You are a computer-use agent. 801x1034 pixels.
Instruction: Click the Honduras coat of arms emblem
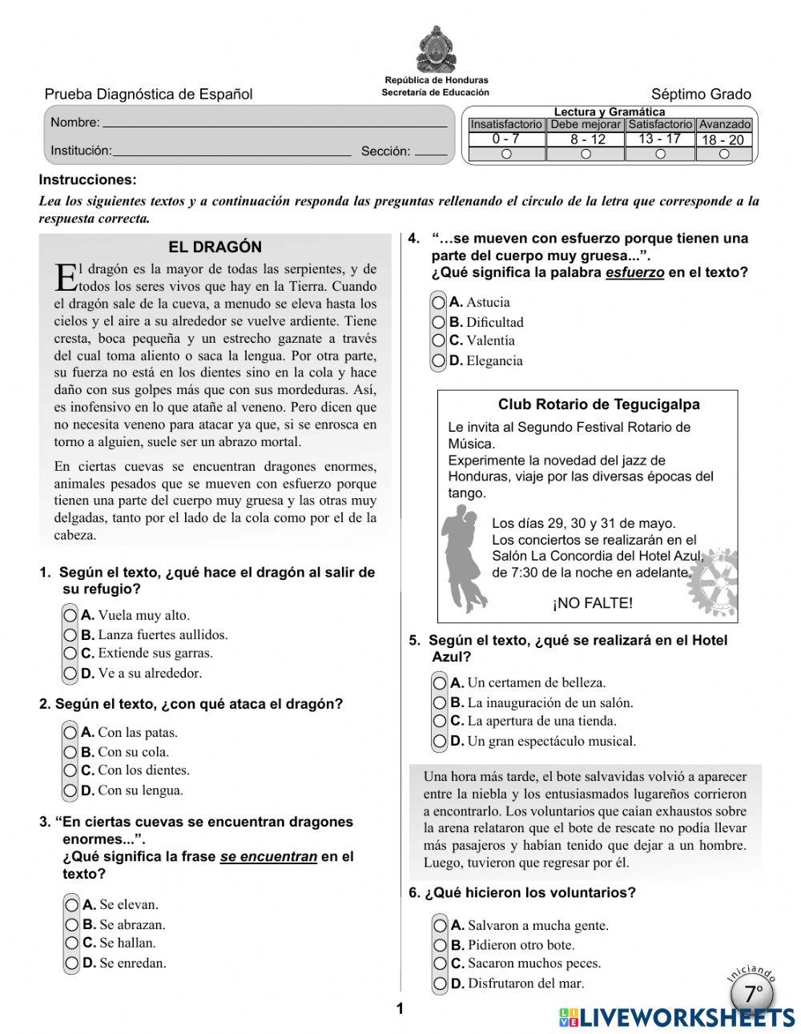436,49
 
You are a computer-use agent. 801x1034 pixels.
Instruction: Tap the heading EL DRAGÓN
215,247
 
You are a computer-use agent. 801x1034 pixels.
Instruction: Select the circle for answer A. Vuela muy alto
70,616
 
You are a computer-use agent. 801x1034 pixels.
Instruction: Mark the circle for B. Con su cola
70,752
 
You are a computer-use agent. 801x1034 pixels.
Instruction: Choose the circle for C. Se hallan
72,943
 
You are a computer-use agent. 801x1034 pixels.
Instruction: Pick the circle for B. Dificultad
438,322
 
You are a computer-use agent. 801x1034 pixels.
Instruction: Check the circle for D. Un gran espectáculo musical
440,741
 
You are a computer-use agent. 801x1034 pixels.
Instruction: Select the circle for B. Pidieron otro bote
440,945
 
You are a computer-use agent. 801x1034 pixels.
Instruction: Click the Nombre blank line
275,124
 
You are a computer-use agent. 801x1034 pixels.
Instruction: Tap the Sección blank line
432,152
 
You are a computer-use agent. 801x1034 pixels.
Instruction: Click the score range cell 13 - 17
659,139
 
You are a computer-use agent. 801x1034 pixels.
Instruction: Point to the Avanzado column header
724,124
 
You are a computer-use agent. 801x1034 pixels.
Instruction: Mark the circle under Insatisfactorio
506,154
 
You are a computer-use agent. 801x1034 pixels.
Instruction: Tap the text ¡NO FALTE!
592,603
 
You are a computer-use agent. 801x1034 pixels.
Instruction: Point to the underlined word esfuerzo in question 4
634,272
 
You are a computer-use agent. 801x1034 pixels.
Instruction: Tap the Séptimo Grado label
701,95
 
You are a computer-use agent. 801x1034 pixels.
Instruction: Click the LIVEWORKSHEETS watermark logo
677,1017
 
